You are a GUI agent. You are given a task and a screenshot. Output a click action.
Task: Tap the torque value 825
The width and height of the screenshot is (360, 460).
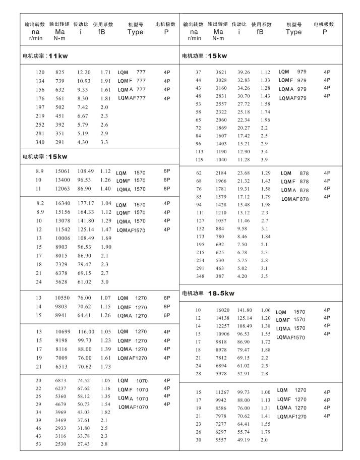click(60, 73)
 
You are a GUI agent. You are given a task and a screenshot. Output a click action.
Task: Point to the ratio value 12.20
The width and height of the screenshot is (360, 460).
click(84, 73)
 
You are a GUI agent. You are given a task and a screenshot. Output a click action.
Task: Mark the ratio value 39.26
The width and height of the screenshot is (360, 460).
click(244, 72)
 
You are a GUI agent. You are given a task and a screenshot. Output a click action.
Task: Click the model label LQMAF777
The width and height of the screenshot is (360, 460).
click(132, 98)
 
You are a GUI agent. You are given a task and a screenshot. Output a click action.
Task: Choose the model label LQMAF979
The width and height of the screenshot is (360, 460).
click(293, 98)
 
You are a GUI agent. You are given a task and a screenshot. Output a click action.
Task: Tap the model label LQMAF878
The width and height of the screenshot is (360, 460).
click(295, 199)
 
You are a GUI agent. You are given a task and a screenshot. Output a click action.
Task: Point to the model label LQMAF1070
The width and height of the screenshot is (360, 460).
click(133, 407)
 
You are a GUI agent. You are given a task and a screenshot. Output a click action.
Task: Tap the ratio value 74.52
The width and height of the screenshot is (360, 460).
click(84, 380)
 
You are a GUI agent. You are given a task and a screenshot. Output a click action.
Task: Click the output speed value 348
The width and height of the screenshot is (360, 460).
click(199, 276)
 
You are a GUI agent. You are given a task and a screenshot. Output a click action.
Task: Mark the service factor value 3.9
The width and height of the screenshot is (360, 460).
click(264, 159)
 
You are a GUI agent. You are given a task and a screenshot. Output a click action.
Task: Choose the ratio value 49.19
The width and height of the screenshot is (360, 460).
click(244, 440)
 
